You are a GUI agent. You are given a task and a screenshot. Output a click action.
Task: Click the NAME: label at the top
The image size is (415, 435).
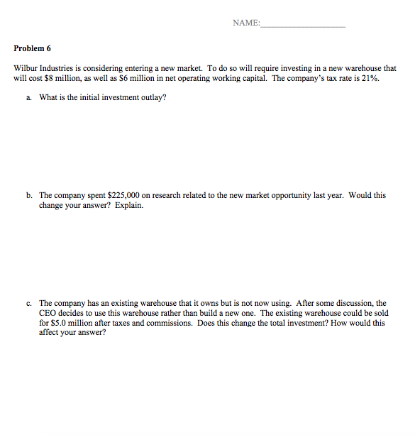point(245,23)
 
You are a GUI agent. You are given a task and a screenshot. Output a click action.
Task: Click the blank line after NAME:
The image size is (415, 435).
point(303,25)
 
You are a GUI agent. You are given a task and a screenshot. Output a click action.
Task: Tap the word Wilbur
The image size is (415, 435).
point(26,69)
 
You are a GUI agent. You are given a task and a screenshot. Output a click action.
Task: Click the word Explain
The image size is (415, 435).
point(128,205)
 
